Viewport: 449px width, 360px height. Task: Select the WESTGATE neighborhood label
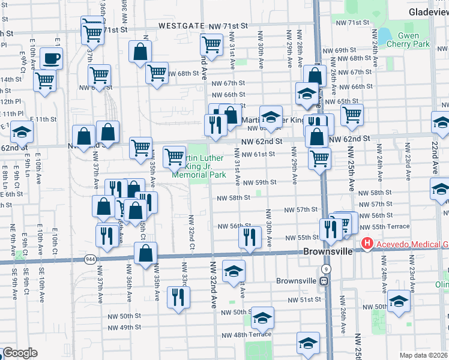pos(176,26)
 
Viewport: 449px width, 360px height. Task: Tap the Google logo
pos(20,353)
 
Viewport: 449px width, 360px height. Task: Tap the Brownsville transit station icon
pos(324,281)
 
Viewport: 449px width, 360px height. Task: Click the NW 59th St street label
pos(259,182)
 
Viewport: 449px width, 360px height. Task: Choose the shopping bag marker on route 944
pos(146,254)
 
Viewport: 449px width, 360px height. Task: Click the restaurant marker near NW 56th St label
pos(249,237)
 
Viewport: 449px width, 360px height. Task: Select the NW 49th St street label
pos(124,327)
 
